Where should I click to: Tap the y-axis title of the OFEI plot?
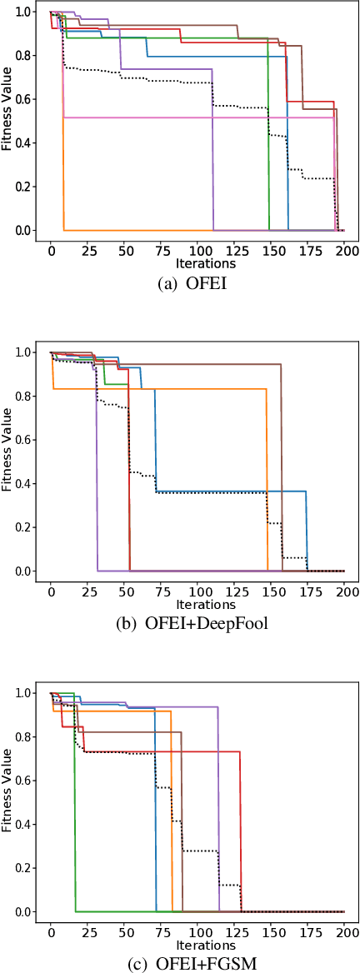pyautogui.click(x=7, y=121)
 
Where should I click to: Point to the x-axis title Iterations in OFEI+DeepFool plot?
pyautogui.click(x=198, y=604)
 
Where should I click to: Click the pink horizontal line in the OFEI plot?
pyautogui.click(x=200, y=117)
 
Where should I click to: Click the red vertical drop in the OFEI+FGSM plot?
pyautogui.click(x=241, y=833)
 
